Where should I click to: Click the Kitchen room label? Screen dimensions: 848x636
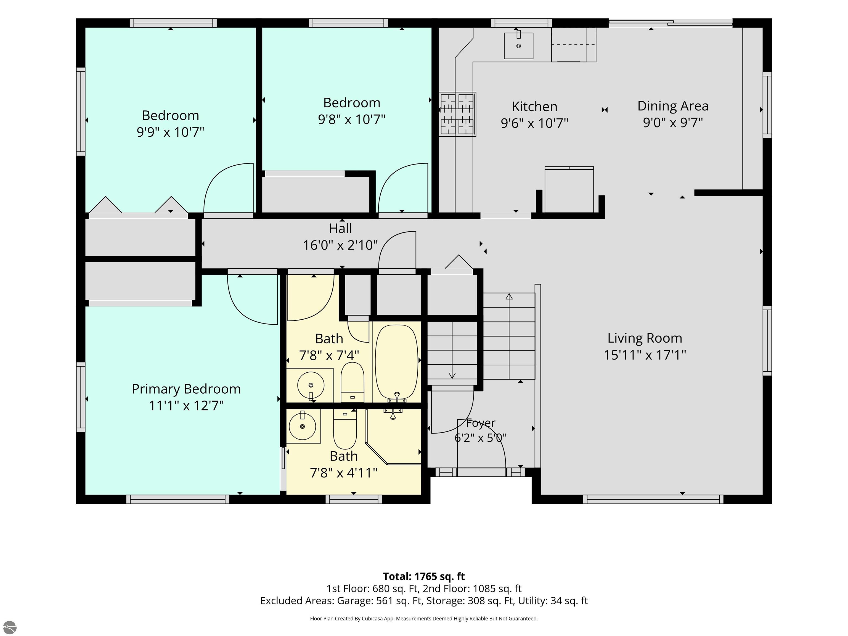pos(534,107)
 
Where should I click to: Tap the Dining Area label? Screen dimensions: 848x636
pos(673,106)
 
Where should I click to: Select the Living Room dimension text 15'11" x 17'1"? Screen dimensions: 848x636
pos(645,355)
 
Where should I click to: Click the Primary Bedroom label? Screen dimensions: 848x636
pos(186,389)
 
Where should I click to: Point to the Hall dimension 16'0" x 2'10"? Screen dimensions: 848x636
pos(340,245)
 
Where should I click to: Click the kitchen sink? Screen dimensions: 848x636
pos(518,45)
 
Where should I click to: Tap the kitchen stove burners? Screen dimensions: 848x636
pos(457,114)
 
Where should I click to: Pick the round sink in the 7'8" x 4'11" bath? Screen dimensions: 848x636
pos(303,426)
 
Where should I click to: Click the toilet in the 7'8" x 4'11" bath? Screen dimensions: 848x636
pos(345,429)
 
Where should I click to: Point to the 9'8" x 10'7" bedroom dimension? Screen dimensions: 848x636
pos(352,120)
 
